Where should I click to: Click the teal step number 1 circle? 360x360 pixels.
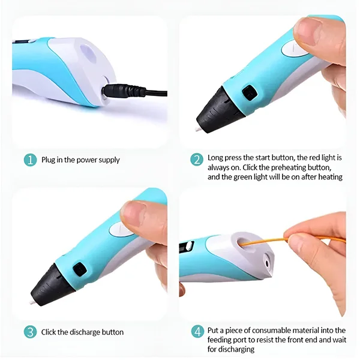click(30, 160)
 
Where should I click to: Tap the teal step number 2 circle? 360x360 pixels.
click(197, 160)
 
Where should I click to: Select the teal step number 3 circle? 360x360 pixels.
click(30, 332)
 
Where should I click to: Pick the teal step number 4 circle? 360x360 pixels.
click(197, 332)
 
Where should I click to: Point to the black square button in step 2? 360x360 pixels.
click(250, 92)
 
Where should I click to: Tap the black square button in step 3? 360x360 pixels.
click(80, 269)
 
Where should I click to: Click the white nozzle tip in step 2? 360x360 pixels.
click(197, 129)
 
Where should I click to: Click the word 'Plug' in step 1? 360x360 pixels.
click(48, 160)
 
